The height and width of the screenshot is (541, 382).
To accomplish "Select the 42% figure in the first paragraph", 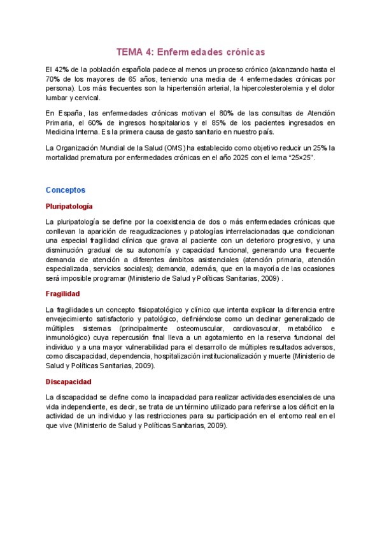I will (x=61, y=69).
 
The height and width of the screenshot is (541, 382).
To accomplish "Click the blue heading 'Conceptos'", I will (x=66, y=190).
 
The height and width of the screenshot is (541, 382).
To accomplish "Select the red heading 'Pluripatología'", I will (x=69, y=207).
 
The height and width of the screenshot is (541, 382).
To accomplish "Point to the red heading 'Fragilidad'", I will (x=62, y=294).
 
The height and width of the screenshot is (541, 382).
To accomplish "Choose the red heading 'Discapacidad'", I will (x=68, y=382).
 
